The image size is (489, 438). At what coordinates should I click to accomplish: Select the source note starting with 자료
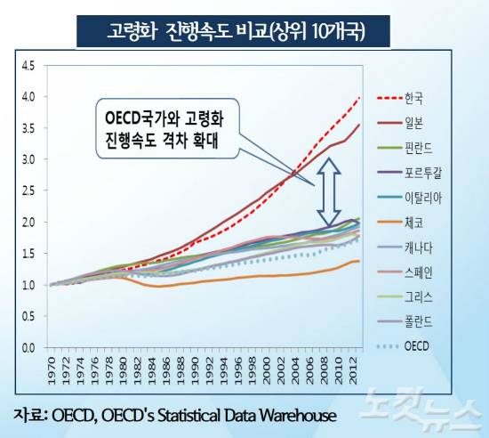tap(174, 414)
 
